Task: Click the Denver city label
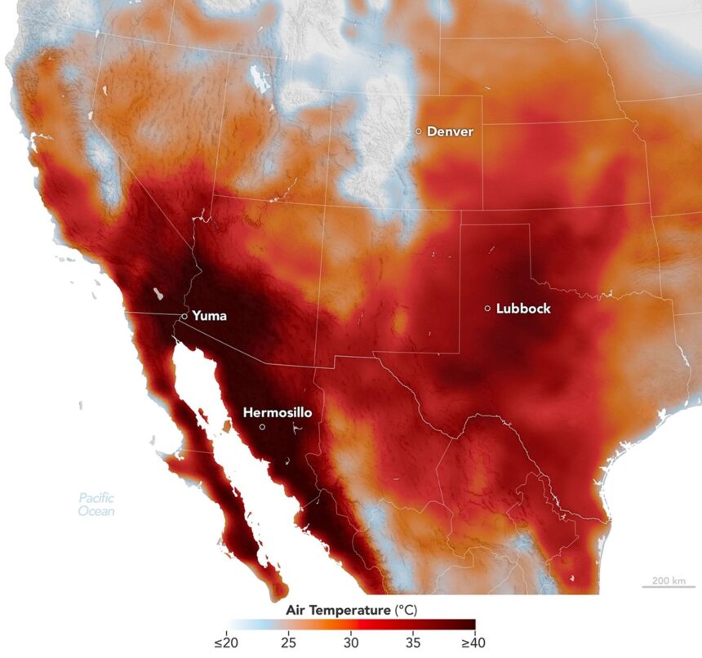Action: [x=450, y=131]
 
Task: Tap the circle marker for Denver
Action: [x=419, y=131]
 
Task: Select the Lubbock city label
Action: [x=523, y=309]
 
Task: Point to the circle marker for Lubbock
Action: [x=487, y=309]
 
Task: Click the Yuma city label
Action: [x=210, y=315]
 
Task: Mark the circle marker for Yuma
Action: [x=184, y=316]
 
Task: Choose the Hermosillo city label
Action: [x=278, y=413]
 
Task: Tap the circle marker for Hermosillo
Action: [x=262, y=427]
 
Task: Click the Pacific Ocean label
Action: [x=96, y=505]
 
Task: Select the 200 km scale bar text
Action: [x=667, y=580]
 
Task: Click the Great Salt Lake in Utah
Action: [x=260, y=78]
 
